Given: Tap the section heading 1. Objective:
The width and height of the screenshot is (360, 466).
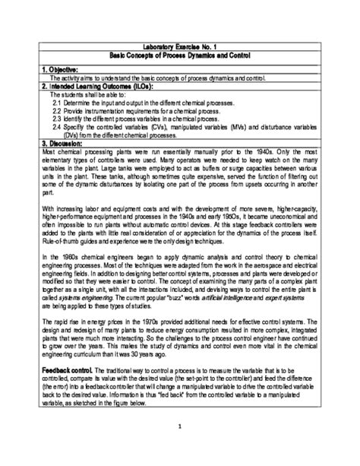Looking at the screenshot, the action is (62, 69).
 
